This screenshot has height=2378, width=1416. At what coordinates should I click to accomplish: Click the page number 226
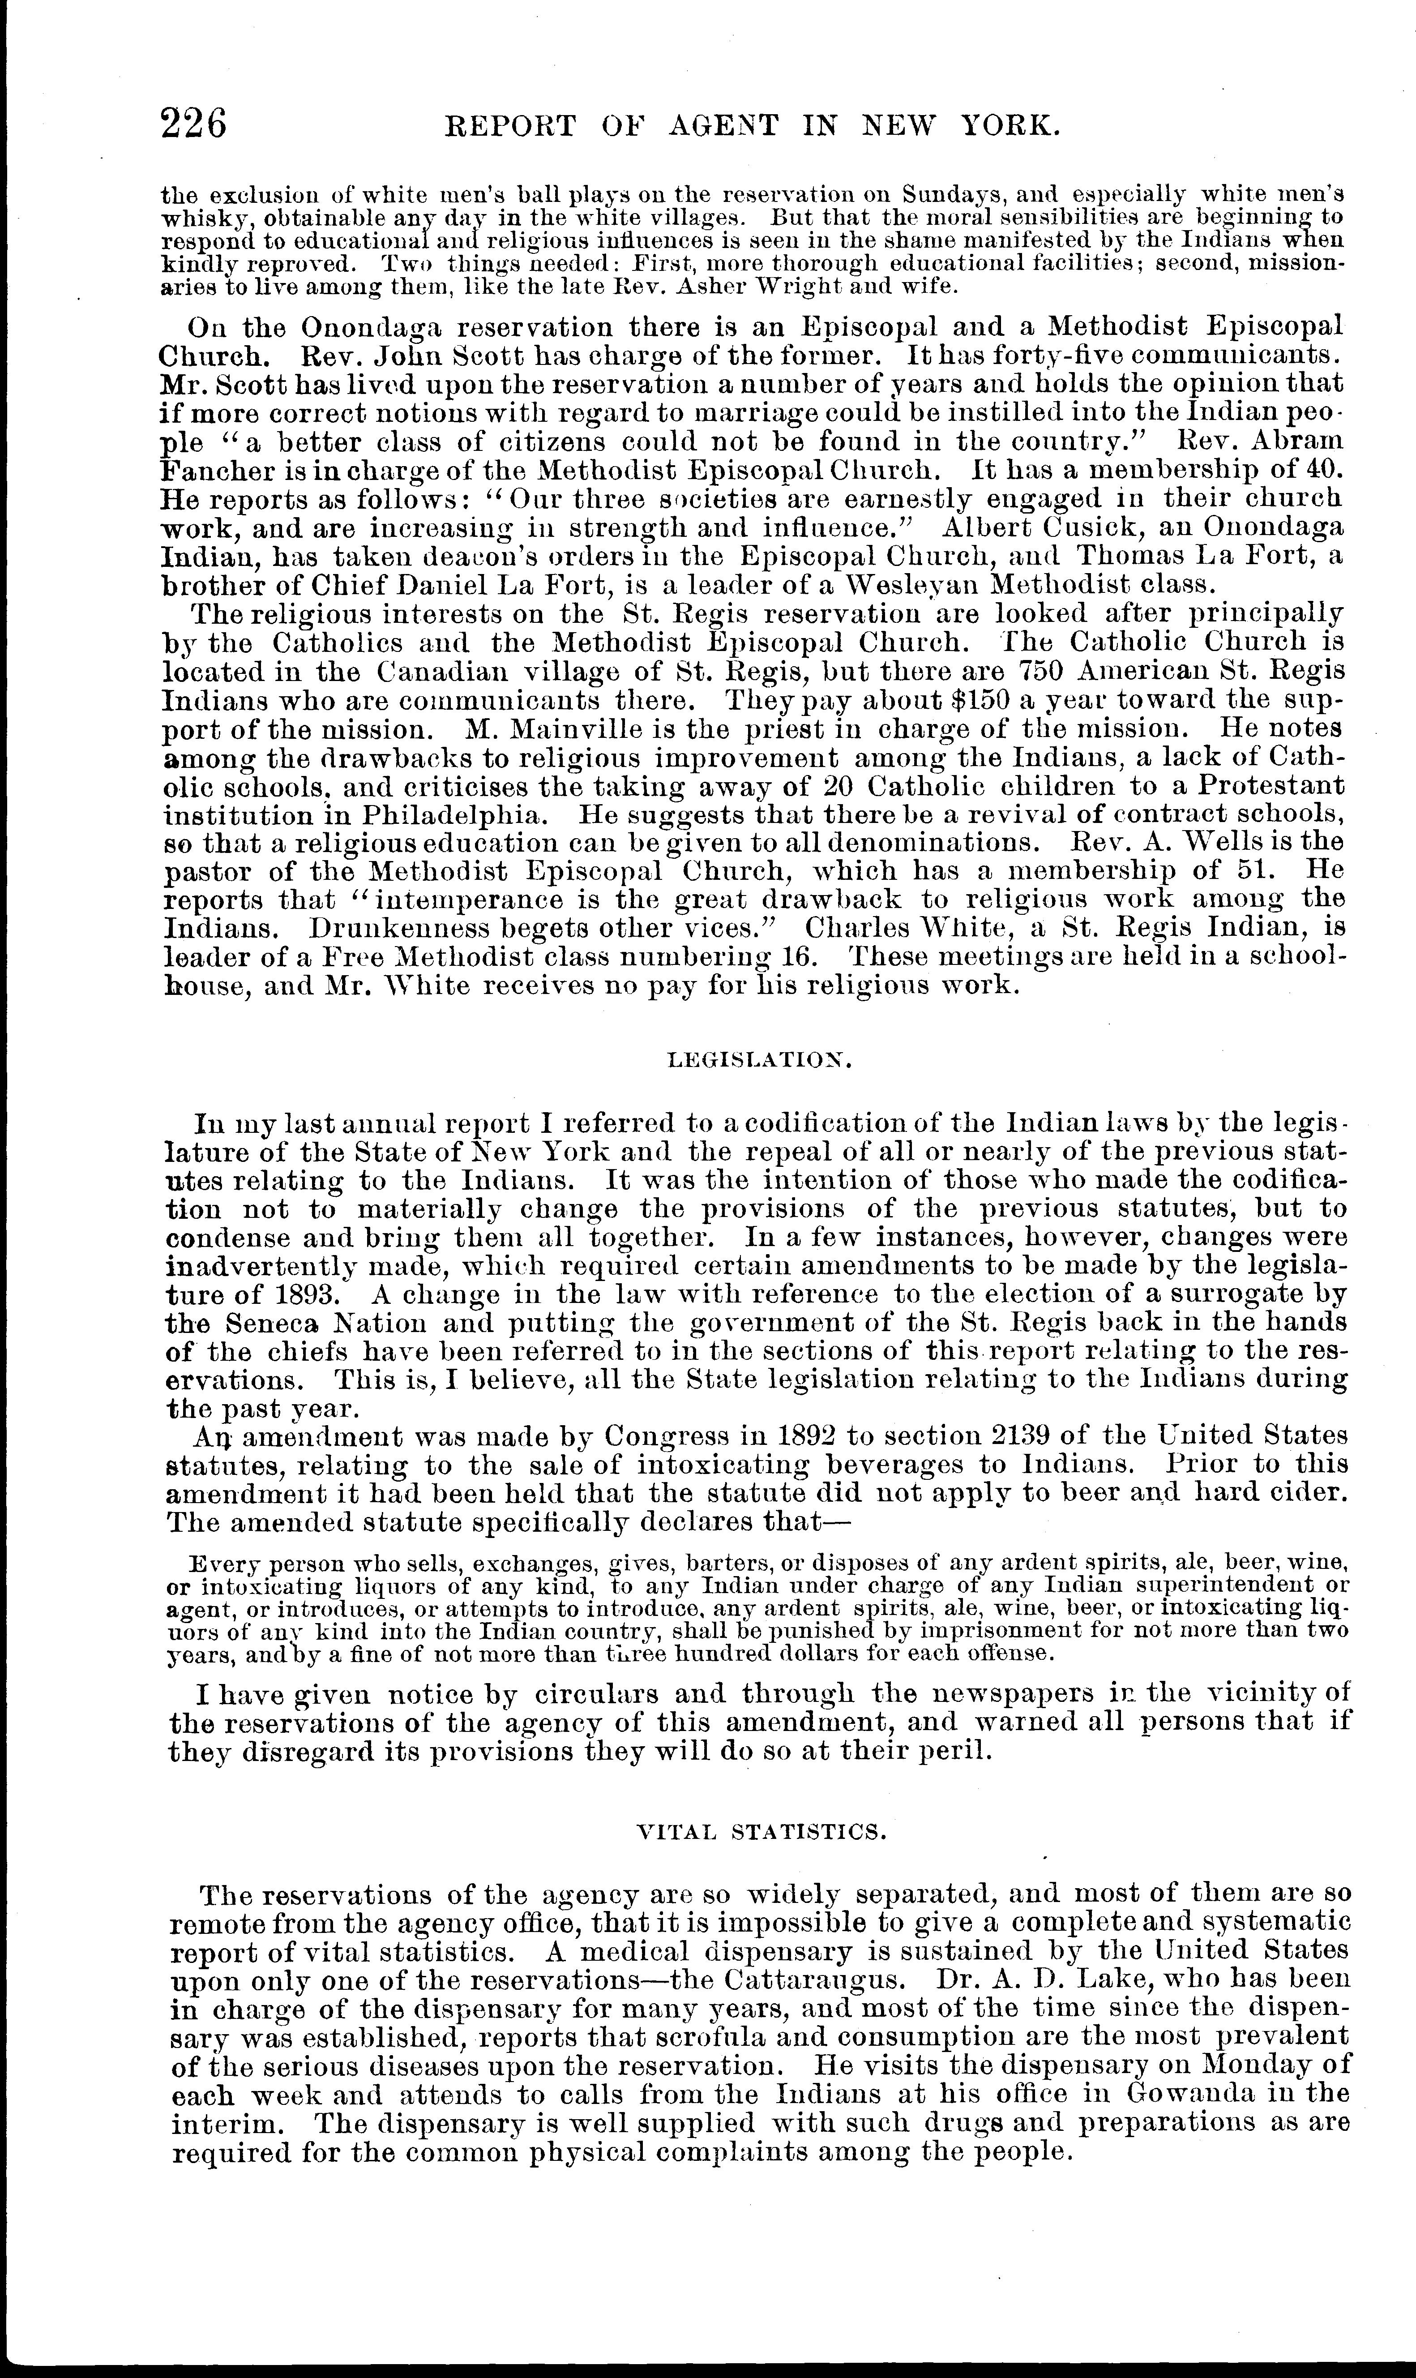pyautogui.click(x=195, y=125)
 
